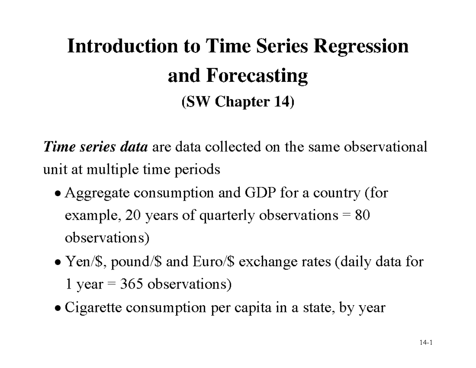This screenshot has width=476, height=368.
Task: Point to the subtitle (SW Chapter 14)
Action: tap(238, 102)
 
